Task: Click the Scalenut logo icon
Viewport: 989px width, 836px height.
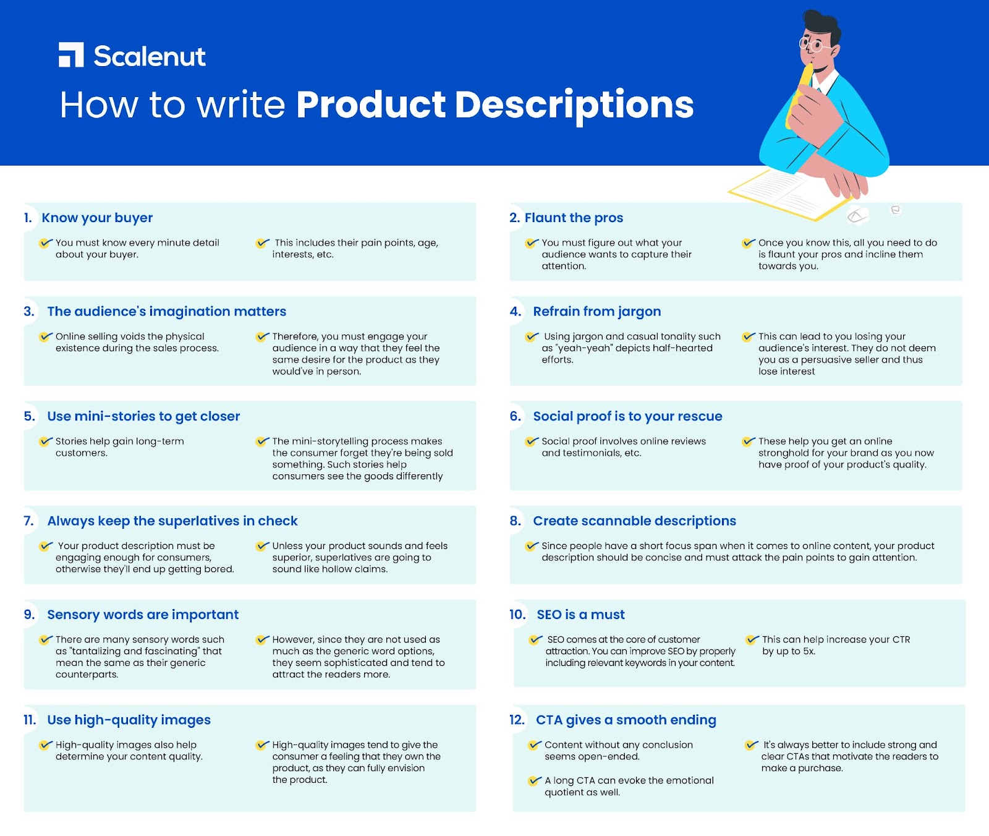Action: (x=71, y=55)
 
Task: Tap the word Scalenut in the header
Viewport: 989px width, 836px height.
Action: (x=150, y=56)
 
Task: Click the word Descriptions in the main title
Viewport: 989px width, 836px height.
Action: (x=574, y=106)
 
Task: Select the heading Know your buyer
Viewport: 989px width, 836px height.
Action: (x=97, y=218)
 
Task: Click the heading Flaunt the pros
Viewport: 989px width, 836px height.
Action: (x=574, y=218)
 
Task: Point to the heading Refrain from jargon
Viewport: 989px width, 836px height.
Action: (x=597, y=312)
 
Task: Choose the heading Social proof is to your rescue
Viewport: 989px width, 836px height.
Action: (x=627, y=417)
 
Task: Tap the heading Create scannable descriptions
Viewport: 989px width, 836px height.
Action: (x=635, y=521)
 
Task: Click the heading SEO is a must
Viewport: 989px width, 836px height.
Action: (x=580, y=615)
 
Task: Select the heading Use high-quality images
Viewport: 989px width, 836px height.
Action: (x=129, y=720)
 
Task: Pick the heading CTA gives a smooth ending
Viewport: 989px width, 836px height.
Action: (x=626, y=720)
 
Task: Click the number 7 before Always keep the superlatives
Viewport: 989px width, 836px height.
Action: (x=28, y=521)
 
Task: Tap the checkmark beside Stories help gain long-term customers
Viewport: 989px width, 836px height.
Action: (x=46, y=441)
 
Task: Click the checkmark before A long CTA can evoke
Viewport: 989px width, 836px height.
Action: (x=535, y=781)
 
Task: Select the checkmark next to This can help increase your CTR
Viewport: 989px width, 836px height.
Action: (x=752, y=640)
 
